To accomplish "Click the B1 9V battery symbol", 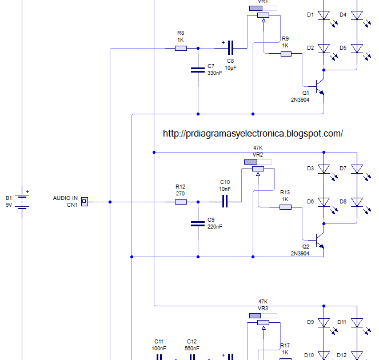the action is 22,201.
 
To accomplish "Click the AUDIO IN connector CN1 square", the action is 85,202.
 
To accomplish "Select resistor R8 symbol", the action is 181,49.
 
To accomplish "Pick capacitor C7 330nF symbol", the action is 198,70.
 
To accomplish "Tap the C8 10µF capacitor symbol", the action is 231,48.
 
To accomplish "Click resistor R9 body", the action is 286,54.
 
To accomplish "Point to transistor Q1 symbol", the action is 320,86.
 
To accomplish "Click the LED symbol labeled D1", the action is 324,15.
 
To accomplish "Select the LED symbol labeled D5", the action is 357,49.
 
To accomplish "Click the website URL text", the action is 253,133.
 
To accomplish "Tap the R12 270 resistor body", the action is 181,202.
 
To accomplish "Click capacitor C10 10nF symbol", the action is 225,202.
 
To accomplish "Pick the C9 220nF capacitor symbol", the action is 198,224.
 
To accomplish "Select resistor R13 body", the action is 285,207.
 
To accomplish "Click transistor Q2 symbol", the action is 320,240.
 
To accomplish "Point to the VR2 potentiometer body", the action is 258,169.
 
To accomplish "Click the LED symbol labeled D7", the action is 357,169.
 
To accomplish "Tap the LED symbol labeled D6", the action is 324,202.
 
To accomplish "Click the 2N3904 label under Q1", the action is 300,100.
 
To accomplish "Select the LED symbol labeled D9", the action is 324,323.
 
